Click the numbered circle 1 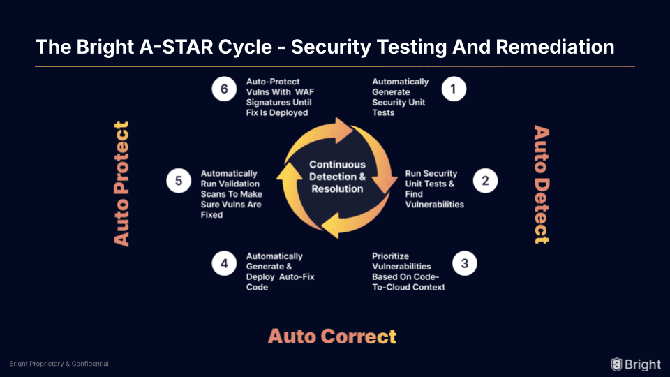(x=454, y=89)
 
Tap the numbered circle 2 (x=485, y=182)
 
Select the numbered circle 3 (x=464, y=264)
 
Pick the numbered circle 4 (x=224, y=264)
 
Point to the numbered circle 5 (x=178, y=182)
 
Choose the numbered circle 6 (x=224, y=89)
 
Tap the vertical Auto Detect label (x=541, y=184)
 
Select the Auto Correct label (x=332, y=336)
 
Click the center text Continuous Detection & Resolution (x=337, y=177)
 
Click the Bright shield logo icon (x=616, y=364)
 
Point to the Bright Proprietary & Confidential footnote (x=59, y=364)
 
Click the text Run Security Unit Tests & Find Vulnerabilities (x=434, y=188)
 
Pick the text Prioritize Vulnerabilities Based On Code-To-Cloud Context (x=408, y=272)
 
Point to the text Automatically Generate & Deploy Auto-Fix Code (x=280, y=272)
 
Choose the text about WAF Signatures (x=280, y=97)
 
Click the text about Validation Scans (x=230, y=194)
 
